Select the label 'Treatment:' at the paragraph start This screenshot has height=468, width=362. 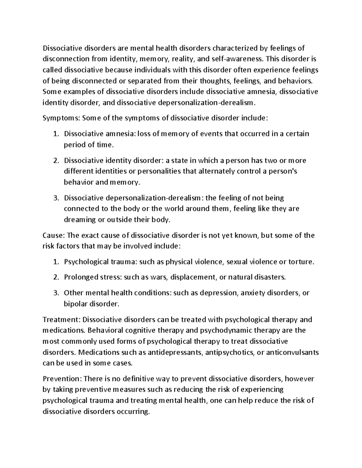(x=62, y=319)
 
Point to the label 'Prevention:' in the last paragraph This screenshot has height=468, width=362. (x=62, y=378)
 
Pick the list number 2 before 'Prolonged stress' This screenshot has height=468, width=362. (x=56, y=277)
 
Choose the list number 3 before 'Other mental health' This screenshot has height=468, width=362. (x=56, y=293)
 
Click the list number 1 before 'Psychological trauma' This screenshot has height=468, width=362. (x=56, y=262)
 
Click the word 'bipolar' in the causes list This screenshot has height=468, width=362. (x=74, y=304)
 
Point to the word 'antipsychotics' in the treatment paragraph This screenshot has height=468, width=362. (x=229, y=352)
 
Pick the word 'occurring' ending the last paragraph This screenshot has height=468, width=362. (x=134, y=411)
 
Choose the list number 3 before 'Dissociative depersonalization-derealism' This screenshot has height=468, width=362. (x=56, y=198)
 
